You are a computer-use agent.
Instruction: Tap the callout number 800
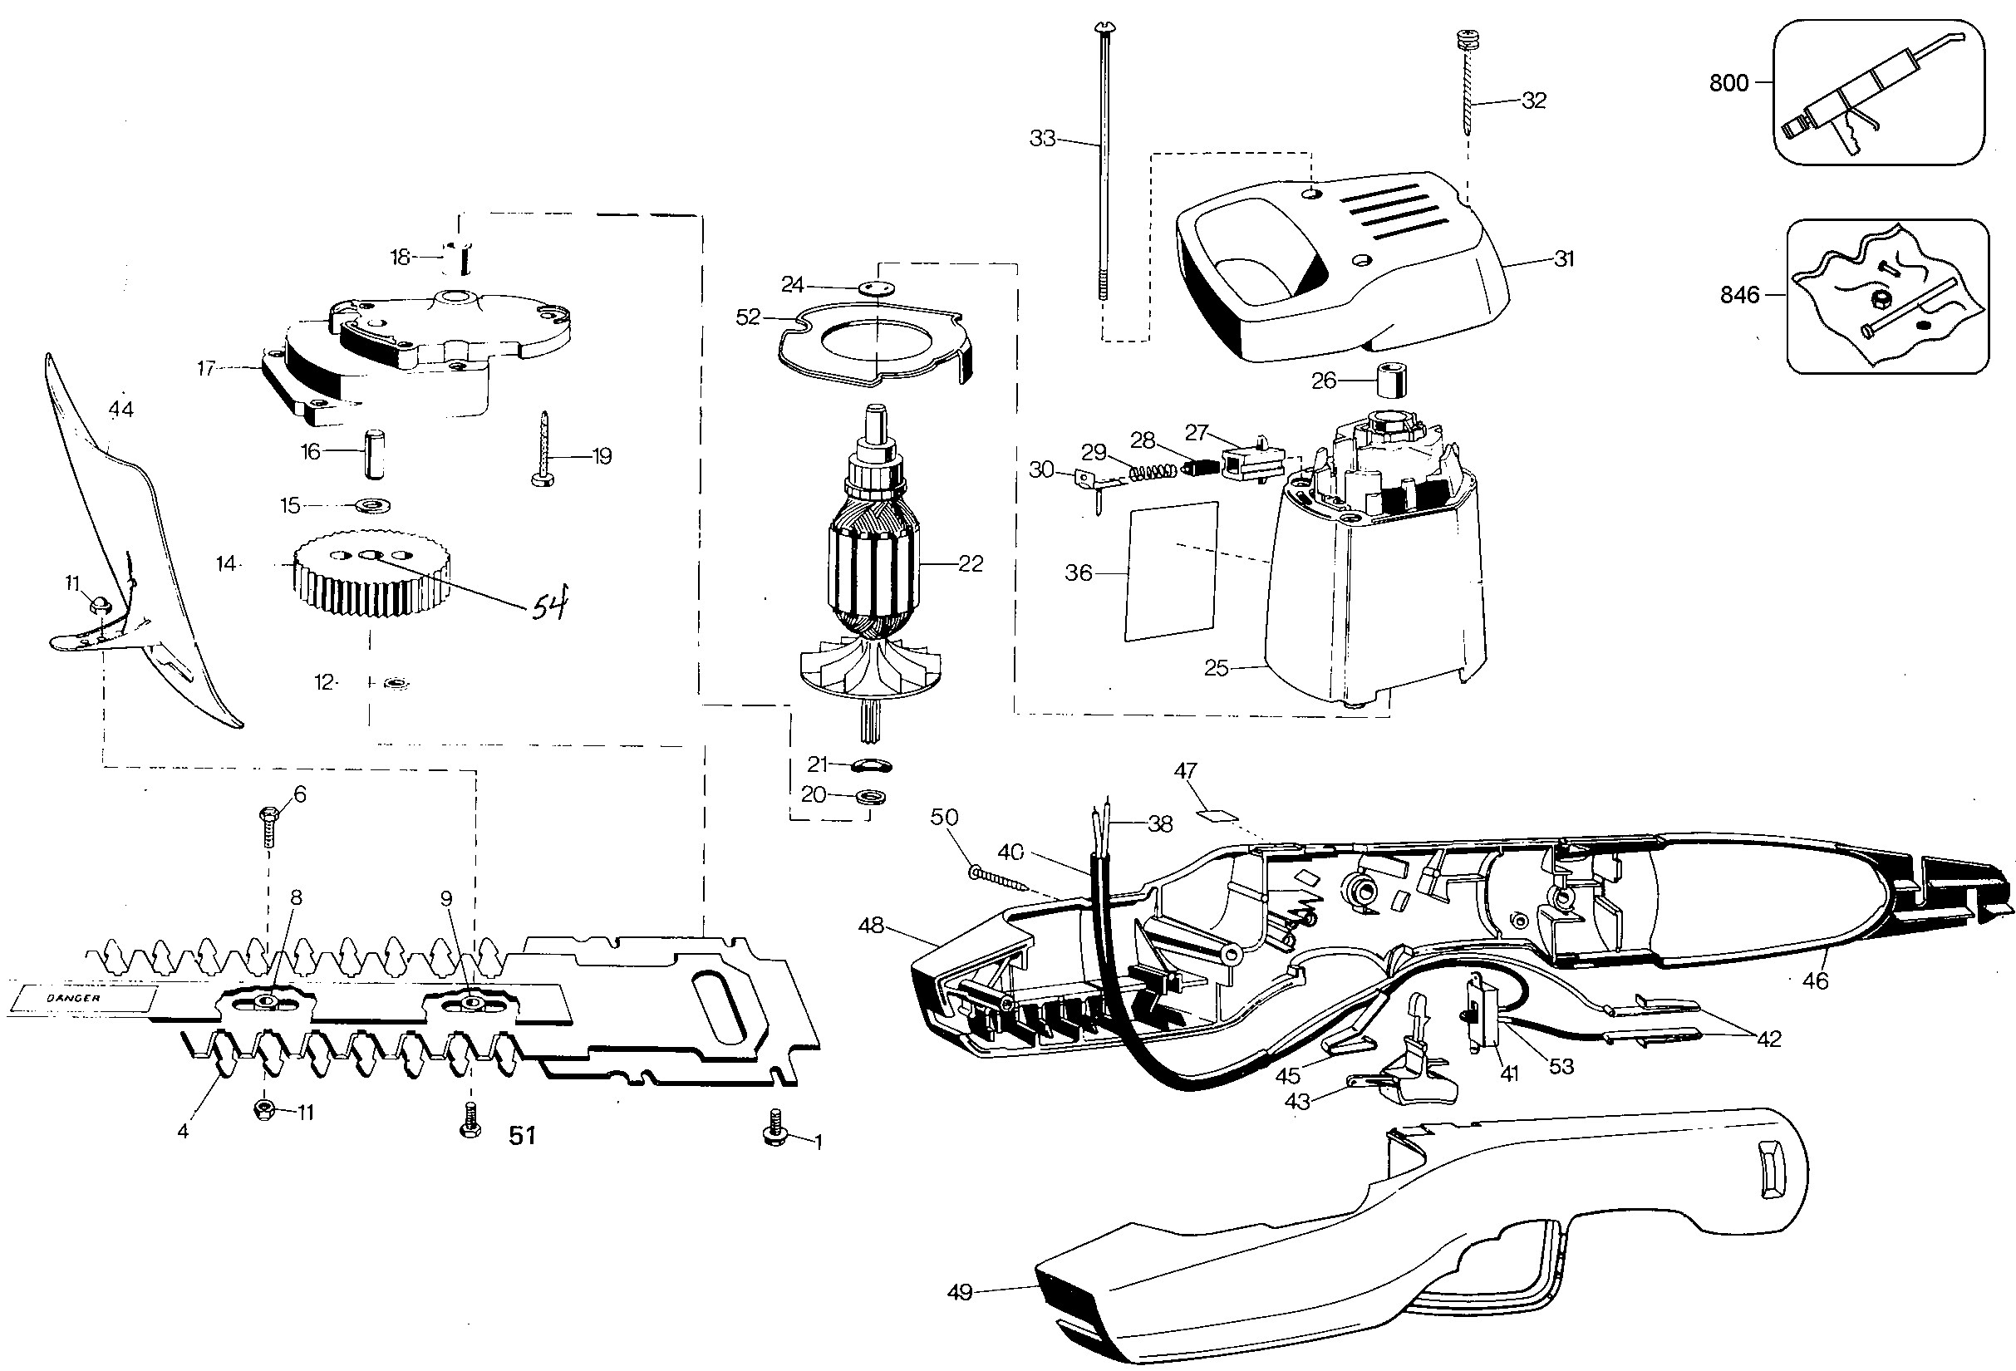[1728, 83]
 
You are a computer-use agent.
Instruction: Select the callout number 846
[1740, 296]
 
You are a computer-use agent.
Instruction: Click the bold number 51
[522, 1135]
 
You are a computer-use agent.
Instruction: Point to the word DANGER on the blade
[74, 998]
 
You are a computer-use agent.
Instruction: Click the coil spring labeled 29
[1153, 474]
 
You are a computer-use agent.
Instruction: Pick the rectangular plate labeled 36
[1171, 571]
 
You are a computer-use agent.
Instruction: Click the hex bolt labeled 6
[268, 828]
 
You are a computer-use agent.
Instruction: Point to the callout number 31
[1563, 258]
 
